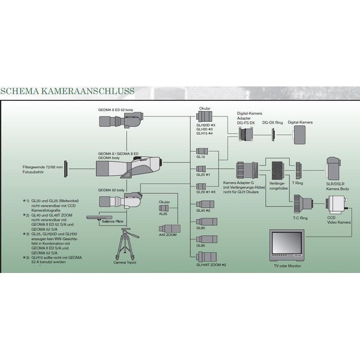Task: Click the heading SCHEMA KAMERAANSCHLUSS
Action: coord(68,91)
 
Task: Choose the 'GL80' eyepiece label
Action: coord(201,245)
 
